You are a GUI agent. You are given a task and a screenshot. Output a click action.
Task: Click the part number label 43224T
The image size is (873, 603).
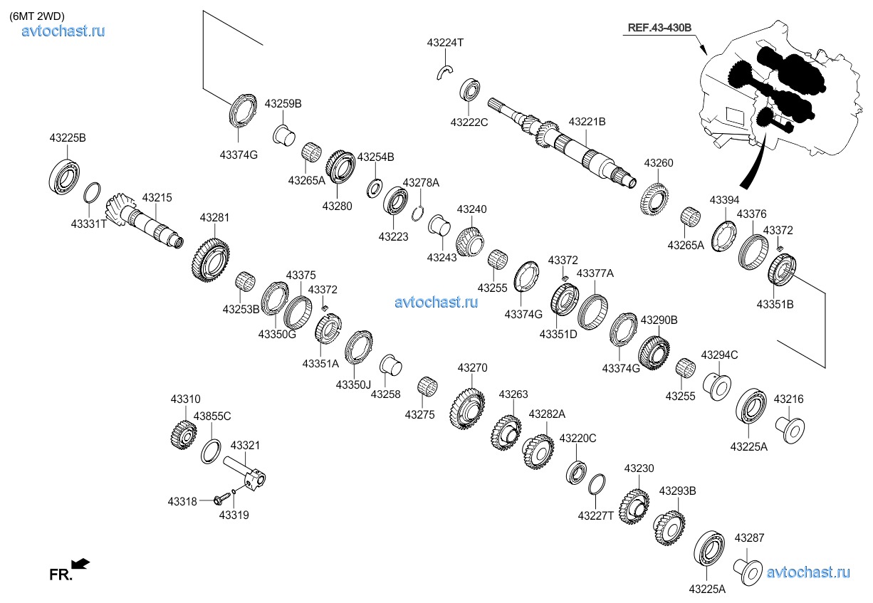pos(445,43)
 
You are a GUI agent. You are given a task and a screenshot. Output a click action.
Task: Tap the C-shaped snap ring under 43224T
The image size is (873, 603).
pos(444,73)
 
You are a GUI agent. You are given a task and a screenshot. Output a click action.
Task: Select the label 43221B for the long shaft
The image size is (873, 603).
pos(587,122)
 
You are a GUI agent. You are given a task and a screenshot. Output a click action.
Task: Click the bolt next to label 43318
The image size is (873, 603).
pos(221,499)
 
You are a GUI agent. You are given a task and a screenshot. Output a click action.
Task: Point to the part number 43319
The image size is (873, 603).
pos(234,515)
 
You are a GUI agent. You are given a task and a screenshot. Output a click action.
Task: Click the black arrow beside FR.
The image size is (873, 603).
pos(80,563)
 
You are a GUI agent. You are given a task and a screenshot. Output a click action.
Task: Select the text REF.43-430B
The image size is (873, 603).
pos(659,28)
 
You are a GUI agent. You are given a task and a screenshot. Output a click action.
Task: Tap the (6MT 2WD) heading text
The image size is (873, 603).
pos(37,16)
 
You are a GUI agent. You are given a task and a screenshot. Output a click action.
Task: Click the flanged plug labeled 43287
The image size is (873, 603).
pos(748,572)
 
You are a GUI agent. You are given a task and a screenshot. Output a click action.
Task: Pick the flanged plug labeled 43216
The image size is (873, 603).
pos(790,430)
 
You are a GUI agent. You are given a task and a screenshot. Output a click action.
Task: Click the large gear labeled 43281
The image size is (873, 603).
pos(211,261)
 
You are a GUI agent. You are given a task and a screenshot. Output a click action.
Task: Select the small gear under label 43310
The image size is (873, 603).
pos(184,436)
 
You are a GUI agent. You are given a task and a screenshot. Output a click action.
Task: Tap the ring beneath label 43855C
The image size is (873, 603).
pos(211,451)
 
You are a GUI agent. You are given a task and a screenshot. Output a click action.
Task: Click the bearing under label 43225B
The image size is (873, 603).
pos(65,175)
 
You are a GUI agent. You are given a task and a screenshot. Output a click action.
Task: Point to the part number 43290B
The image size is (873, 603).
pos(659,320)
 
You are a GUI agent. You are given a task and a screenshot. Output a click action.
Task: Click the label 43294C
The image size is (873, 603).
pos(719,355)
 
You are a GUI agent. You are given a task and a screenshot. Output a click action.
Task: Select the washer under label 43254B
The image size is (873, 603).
pos(375,188)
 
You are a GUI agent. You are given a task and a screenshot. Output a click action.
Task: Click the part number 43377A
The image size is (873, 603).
pos(595,273)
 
